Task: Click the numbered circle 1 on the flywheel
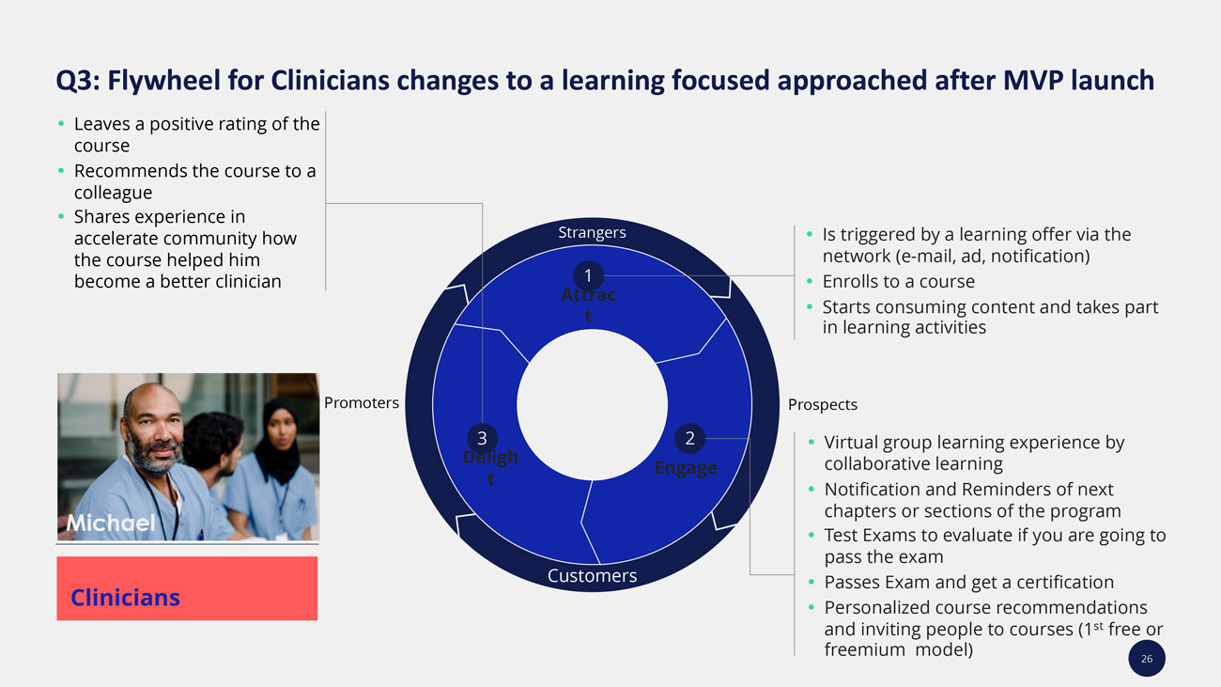tap(588, 276)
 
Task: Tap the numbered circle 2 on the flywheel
tap(689, 438)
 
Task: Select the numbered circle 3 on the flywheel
tap(482, 438)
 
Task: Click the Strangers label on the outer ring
tap(592, 232)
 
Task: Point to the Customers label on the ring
tap(592, 576)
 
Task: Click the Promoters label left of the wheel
tap(362, 403)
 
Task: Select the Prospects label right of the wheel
tap(823, 404)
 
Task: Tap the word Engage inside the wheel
tap(686, 468)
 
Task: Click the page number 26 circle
tap(1147, 659)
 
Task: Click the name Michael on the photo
tap(111, 523)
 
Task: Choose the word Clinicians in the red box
tap(125, 598)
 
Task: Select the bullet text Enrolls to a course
tap(898, 281)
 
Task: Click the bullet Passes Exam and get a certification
tap(968, 583)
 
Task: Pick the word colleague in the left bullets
tap(113, 193)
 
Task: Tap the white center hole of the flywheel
tap(592, 405)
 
